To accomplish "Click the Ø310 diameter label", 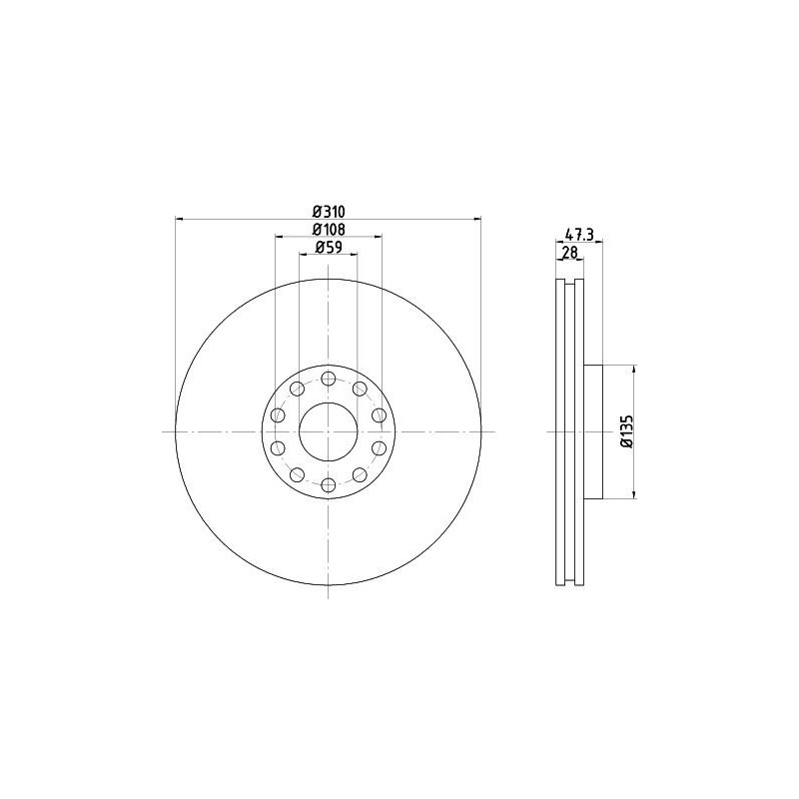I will pyautogui.click(x=329, y=211).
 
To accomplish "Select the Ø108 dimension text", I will pyautogui.click(x=329, y=230).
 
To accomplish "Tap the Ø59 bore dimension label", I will pyautogui.click(x=329, y=248).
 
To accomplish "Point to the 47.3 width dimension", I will pyautogui.click(x=580, y=235).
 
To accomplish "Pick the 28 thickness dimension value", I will pyautogui.click(x=570, y=254).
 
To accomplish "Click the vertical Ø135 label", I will pyautogui.click(x=625, y=430).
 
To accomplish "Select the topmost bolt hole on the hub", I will pyautogui.click(x=328, y=378).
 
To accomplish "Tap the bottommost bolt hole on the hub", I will pyautogui.click(x=328, y=484).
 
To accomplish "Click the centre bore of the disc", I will pyautogui.click(x=328, y=431).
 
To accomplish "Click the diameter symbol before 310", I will pyautogui.click(x=317, y=211).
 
